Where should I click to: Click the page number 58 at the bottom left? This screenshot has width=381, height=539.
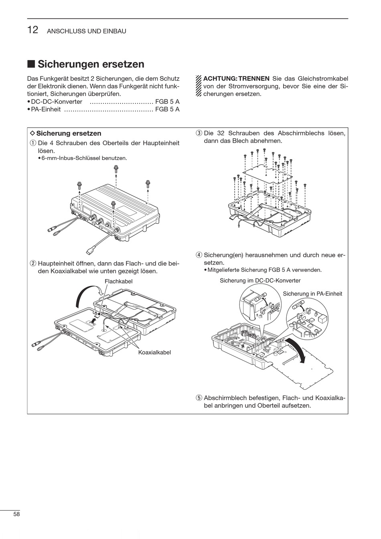pyautogui.click(x=16, y=514)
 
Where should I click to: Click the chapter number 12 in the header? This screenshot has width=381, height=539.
pyautogui.click(x=33, y=30)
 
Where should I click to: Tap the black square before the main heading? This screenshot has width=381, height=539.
pyautogui.click(x=31, y=64)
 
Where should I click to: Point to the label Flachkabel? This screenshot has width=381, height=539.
pyautogui.click(x=118, y=282)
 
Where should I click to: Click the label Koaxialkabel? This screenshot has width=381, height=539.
pyautogui.click(x=154, y=353)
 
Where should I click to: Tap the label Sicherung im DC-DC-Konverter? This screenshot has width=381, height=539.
pyautogui.click(x=260, y=281)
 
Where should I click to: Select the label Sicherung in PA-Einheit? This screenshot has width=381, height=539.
pyautogui.click(x=312, y=294)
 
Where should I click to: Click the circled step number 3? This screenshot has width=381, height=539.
pyautogui.click(x=199, y=133)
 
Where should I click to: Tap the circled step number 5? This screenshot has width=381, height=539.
pyautogui.click(x=199, y=398)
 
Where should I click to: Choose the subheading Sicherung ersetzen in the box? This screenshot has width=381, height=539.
pyautogui.click(x=69, y=133)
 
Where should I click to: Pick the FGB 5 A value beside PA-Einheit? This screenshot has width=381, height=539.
pyautogui.click(x=167, y=109)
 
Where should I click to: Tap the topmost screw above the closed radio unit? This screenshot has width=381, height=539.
pyautogui.click(x=116, y=169)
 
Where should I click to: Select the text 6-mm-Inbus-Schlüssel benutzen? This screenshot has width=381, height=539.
pyautogui.click(x=84, y=158)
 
